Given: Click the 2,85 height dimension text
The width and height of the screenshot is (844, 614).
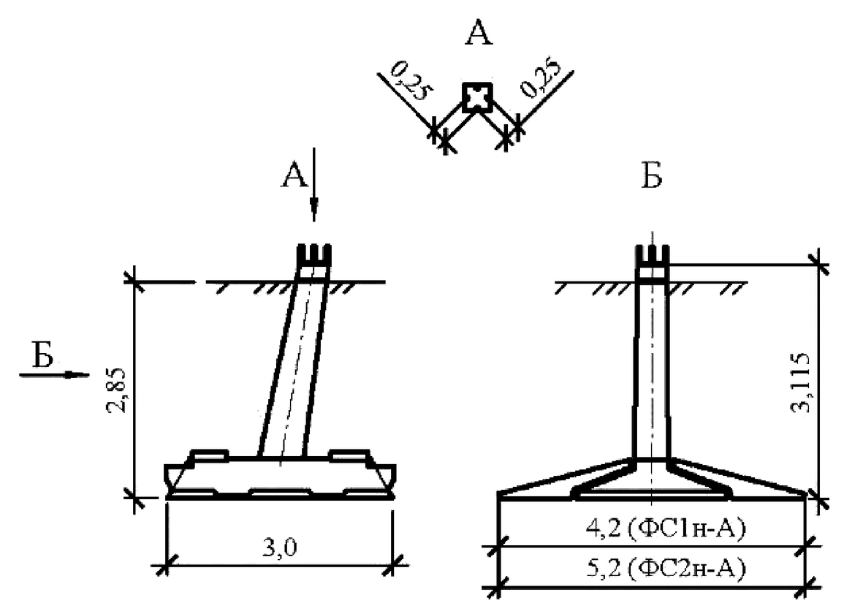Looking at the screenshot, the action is click(x=117, y=390).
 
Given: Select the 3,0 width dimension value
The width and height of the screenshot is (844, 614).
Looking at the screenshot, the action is click(x=280, y=547).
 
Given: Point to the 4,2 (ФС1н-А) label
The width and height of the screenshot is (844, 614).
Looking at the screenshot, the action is click(x=666, y=528).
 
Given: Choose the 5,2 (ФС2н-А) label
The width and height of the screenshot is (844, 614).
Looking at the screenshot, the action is click(x=666, y=569).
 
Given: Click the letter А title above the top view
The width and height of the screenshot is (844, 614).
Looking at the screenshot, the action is click(x=479, y=34).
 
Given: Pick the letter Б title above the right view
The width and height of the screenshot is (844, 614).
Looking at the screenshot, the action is click(x=651, y=175).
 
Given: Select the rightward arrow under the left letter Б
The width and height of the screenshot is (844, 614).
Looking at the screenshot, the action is click(x=54, y=374).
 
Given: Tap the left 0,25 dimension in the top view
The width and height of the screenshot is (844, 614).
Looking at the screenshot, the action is click(x=410, y=81).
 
